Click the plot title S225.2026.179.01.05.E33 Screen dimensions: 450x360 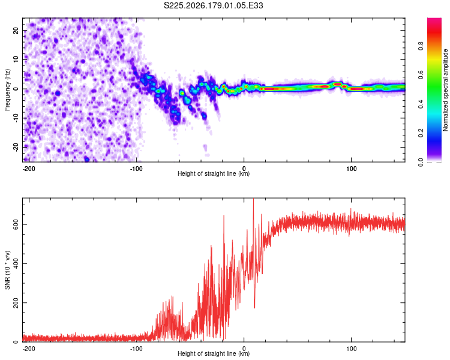click(213, 5)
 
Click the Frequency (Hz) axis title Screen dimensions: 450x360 click(7, 90)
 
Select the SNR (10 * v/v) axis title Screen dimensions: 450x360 click(7, 270)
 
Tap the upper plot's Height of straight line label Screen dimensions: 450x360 click(214, 173)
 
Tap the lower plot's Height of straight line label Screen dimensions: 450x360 click(214, 353)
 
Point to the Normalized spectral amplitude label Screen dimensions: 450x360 click(445, 90)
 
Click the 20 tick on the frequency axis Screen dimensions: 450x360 click(16, 30)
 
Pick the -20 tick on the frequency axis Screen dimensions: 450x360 click(16, 148)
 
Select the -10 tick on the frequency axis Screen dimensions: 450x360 click(16, 118)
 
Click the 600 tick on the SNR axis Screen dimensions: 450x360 click(16, 224)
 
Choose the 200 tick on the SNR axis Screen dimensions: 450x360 click(16, 302)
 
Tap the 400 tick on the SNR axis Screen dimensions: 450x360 click(16, 263)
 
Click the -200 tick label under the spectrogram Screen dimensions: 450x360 click(29, 169)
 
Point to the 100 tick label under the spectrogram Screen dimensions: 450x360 click(351, 169)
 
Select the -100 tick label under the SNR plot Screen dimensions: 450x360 click(136, 349)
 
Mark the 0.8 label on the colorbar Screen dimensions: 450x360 click(421, 46)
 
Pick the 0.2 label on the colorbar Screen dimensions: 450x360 click(421, 133)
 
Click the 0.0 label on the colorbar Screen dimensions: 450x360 click(421, 163)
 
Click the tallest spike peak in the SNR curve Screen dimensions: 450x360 click(253, 199)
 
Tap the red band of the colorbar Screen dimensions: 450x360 click(434, 34)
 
